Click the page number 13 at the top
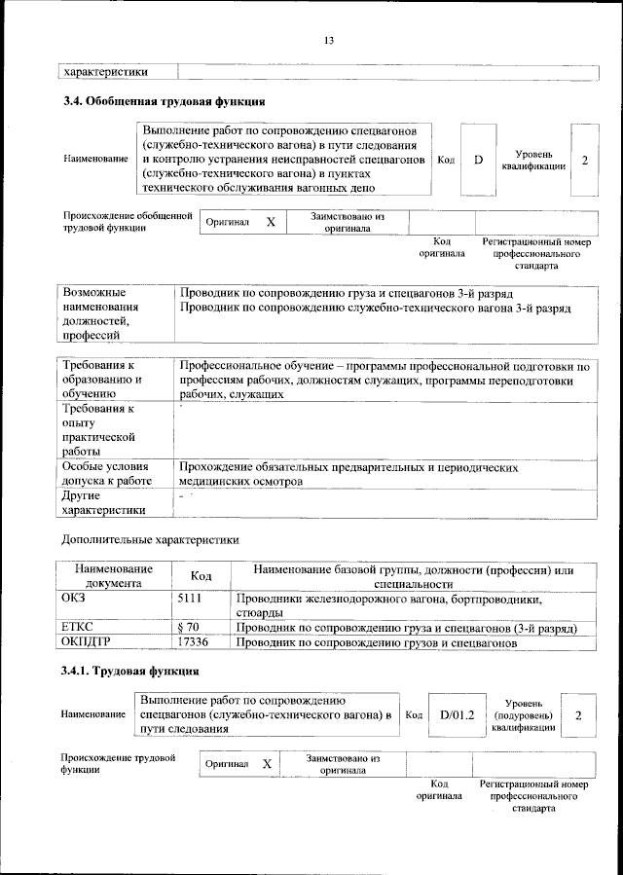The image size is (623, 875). point(329,40)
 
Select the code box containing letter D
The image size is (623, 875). point(478,159)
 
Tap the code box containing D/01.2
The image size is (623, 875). point(457,715)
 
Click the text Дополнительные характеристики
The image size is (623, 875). point(150,538)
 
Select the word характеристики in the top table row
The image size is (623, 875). point(106,71)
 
